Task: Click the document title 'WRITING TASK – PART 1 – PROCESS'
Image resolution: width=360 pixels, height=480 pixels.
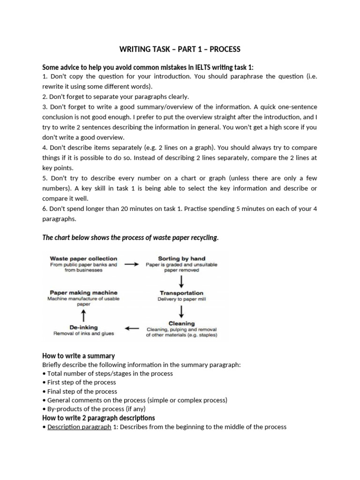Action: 180,49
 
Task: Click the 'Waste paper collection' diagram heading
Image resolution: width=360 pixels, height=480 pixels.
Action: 83,258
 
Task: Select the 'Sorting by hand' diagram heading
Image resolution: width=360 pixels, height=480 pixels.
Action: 181,258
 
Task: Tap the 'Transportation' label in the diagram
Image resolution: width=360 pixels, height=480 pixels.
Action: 181,293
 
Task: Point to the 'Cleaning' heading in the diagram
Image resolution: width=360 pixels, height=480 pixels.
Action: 181,323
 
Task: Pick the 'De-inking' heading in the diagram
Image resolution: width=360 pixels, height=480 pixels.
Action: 83,327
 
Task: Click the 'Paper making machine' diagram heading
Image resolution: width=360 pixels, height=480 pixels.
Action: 83,292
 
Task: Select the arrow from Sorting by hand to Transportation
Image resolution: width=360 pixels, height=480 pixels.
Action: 181,281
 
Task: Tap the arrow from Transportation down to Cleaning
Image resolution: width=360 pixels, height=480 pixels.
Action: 181,311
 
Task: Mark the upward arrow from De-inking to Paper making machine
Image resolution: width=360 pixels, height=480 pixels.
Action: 83,315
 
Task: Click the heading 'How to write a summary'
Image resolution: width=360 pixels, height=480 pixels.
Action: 79,356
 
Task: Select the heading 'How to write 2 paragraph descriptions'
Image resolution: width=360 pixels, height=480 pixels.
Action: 98,418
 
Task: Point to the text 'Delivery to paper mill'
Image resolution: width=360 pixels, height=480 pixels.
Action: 181,299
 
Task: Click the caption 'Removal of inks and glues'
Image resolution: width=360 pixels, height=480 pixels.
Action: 83,334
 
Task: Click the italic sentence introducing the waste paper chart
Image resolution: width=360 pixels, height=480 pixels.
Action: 130,238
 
